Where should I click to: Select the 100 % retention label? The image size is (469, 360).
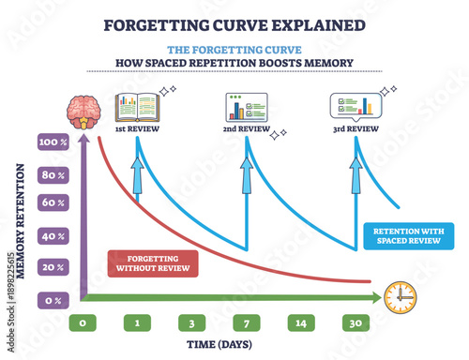click(52, 142)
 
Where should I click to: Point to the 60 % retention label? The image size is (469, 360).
click(52, 200)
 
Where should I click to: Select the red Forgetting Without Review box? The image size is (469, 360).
click(154, 262)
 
